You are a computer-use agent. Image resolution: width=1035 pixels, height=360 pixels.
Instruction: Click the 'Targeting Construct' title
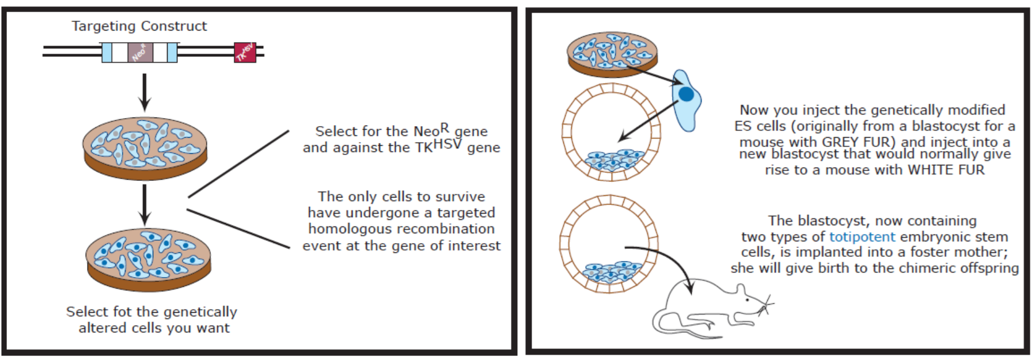[139, 26]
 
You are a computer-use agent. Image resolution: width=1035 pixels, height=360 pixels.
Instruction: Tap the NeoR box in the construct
[140, 52]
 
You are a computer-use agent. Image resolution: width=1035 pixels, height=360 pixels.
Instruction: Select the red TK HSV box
[245, 52]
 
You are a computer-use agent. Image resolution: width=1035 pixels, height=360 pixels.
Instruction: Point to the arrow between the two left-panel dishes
[145, 204]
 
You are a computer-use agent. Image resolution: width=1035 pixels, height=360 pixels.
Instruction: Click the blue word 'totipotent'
[862, 237]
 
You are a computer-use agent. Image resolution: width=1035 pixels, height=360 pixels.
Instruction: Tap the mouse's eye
[747, 300]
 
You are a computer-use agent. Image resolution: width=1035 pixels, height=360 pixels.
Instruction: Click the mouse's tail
[683, 328]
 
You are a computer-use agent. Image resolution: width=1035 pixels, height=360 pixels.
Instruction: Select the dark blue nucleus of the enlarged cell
[686, 94]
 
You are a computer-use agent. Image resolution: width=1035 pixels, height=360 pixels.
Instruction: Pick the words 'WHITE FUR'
[946, 170]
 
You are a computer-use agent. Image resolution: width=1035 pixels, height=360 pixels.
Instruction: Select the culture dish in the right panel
[612, 54]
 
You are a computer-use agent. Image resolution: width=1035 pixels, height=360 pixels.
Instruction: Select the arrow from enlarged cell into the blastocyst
[649, 121]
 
